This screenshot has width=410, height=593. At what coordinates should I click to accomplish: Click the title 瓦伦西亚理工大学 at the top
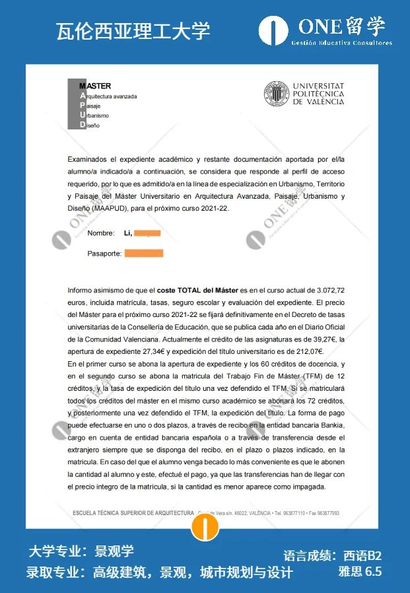tap(133, 30)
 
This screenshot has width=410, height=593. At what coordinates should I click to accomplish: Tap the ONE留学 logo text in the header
tap(341, 26)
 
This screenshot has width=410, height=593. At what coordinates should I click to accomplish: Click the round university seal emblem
tap(277, 94)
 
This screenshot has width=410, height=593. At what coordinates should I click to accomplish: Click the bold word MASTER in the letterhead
tap(95, 86)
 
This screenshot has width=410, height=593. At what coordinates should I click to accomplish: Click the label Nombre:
tap(101, 233)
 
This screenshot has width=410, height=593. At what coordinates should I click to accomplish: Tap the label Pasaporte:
tap(104, 254)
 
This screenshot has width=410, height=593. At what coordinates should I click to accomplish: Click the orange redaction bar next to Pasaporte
tap(143, 254)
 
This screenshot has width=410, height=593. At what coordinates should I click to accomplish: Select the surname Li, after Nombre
tap(128, 233)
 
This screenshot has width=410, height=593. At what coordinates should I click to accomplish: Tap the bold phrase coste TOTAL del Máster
tap(197, 291)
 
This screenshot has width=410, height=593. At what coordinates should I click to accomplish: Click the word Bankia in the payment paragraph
tap(330, 425)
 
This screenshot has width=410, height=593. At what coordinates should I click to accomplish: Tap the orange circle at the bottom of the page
tap(205, 526)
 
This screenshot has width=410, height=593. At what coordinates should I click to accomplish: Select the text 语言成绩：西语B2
tap(332, 556)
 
